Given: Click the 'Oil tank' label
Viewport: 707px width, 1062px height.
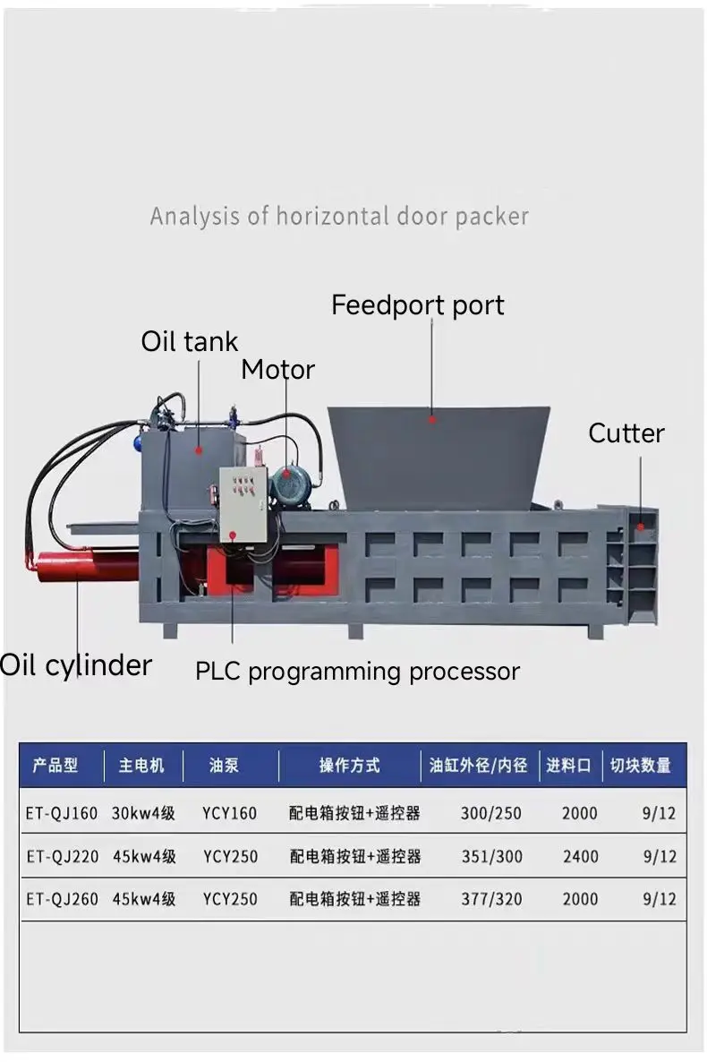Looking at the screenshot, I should (190, 341).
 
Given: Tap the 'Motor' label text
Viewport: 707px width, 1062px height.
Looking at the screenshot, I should (277, 370).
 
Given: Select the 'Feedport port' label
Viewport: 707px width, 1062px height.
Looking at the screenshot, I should (417, 305).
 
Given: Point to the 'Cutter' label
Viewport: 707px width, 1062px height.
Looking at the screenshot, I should (626, 433).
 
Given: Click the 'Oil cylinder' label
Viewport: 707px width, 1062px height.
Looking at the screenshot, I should (76, 665).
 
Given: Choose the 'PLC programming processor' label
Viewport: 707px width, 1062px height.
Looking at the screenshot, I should (357, 672).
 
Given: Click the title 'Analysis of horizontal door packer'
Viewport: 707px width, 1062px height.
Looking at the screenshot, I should (339, 217).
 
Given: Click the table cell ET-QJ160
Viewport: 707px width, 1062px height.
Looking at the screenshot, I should (62, 814).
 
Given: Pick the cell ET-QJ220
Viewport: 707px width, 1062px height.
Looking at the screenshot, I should (62, 856).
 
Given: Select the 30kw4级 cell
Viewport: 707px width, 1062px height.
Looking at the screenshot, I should (143, 814).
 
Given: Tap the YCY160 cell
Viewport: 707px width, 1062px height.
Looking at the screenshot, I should (229, 814).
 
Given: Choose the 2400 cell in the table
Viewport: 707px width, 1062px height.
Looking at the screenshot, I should (580, 856).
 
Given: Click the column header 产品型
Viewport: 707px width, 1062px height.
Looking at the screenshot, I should (55, 766).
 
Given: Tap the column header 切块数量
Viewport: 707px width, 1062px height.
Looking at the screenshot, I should (640, 766).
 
